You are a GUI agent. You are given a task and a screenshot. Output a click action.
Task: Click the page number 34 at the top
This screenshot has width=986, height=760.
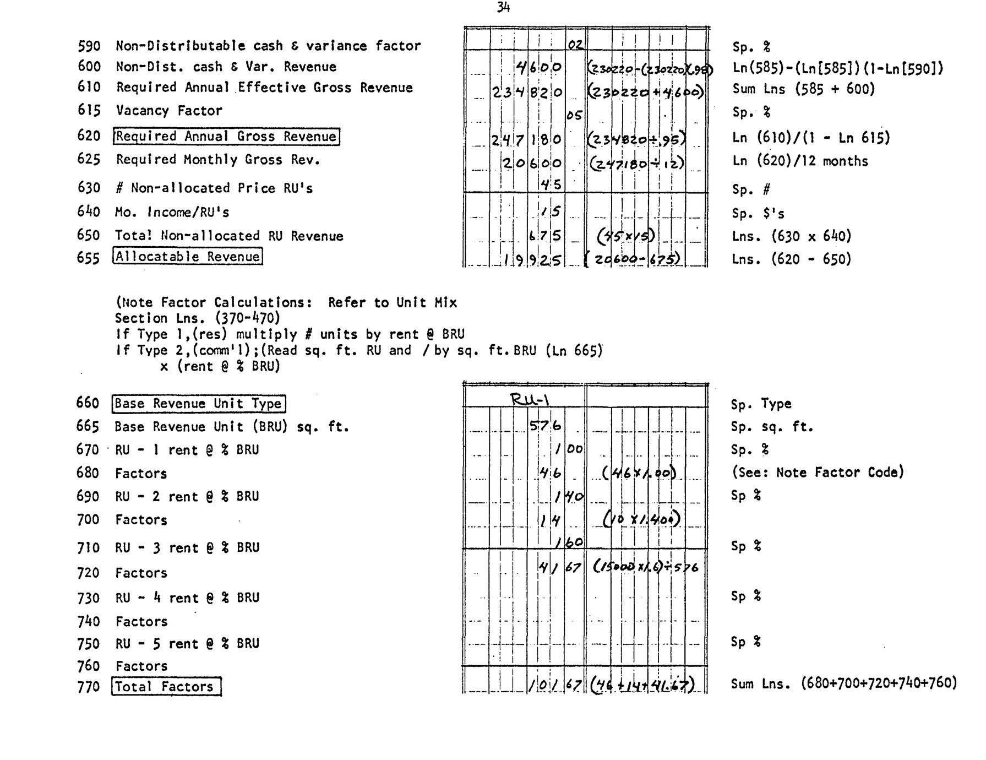pyautogui.click(x=503, y=7)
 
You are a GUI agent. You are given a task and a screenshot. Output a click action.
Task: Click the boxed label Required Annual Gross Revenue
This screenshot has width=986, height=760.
pyautogui.click(x=226, y=137)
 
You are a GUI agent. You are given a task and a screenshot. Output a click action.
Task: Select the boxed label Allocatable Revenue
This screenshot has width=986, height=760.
pyautogui.click(x=187, y=257)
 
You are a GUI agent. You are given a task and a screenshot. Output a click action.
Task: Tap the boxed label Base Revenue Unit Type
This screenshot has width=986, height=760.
pyautogui.click(x=199, y=404)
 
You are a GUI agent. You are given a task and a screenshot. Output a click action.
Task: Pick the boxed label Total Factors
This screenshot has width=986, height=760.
pyautogui.click(x=166, y=687)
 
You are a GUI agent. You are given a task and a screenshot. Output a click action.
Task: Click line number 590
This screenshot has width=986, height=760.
pyautogui.click(x=89, y=46)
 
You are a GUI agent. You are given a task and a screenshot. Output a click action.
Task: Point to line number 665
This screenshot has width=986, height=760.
pyautogui.click(x=88, y=427)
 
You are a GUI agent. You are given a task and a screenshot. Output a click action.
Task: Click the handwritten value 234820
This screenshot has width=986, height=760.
pyautogui.click(x=527, y=93)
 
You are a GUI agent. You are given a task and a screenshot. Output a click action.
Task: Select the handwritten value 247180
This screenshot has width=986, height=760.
pyautogui.click(x=526, y=140)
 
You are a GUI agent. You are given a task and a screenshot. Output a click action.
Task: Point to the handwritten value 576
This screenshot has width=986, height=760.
pyautogui.click(x=545, y=425)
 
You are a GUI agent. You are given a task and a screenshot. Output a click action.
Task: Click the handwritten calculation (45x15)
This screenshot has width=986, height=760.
pyautogui.click(x=627, y=236)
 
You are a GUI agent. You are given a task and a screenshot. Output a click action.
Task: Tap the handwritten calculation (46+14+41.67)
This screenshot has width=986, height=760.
pyautogui.click(x=641, y=685)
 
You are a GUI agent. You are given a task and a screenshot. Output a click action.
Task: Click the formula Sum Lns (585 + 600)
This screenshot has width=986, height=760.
pyautogui.click(x=803, y=89)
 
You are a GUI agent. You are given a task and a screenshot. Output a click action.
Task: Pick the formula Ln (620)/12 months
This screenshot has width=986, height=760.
pyautogui.click(x=800, y=161)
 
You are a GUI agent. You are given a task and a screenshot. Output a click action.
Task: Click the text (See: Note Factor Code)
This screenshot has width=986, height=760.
pyautogui.click(x=817, y=473)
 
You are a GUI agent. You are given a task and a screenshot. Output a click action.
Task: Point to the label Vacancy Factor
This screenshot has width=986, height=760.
pyautogui.click(x=169, y=111)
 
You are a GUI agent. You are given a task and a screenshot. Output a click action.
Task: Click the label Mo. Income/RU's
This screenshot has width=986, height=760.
pyautogui.click(x=172, y=213)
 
